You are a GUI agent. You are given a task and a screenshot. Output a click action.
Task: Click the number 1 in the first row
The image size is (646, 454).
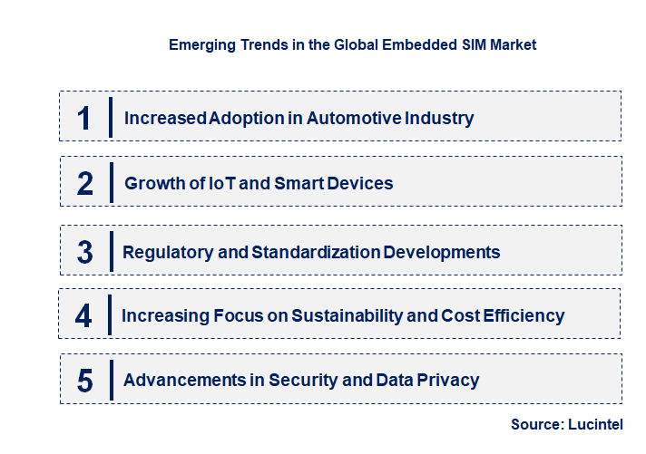tap(84, 118)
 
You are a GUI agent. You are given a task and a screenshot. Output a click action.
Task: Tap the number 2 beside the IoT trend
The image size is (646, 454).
tap(85, 183)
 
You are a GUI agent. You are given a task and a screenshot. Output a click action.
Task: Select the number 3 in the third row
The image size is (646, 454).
tap(85, 252)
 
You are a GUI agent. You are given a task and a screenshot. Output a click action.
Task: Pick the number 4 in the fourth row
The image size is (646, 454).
tap(83, 315)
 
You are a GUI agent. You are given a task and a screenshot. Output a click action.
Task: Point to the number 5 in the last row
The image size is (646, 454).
tap(85, 381)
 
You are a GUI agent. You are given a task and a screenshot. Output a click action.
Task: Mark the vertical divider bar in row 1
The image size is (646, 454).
tap(110, 118)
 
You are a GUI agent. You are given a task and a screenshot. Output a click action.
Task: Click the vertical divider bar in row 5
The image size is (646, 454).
tap(110, 379)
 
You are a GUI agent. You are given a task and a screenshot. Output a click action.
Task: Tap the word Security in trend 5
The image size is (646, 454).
tap(300, 381)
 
